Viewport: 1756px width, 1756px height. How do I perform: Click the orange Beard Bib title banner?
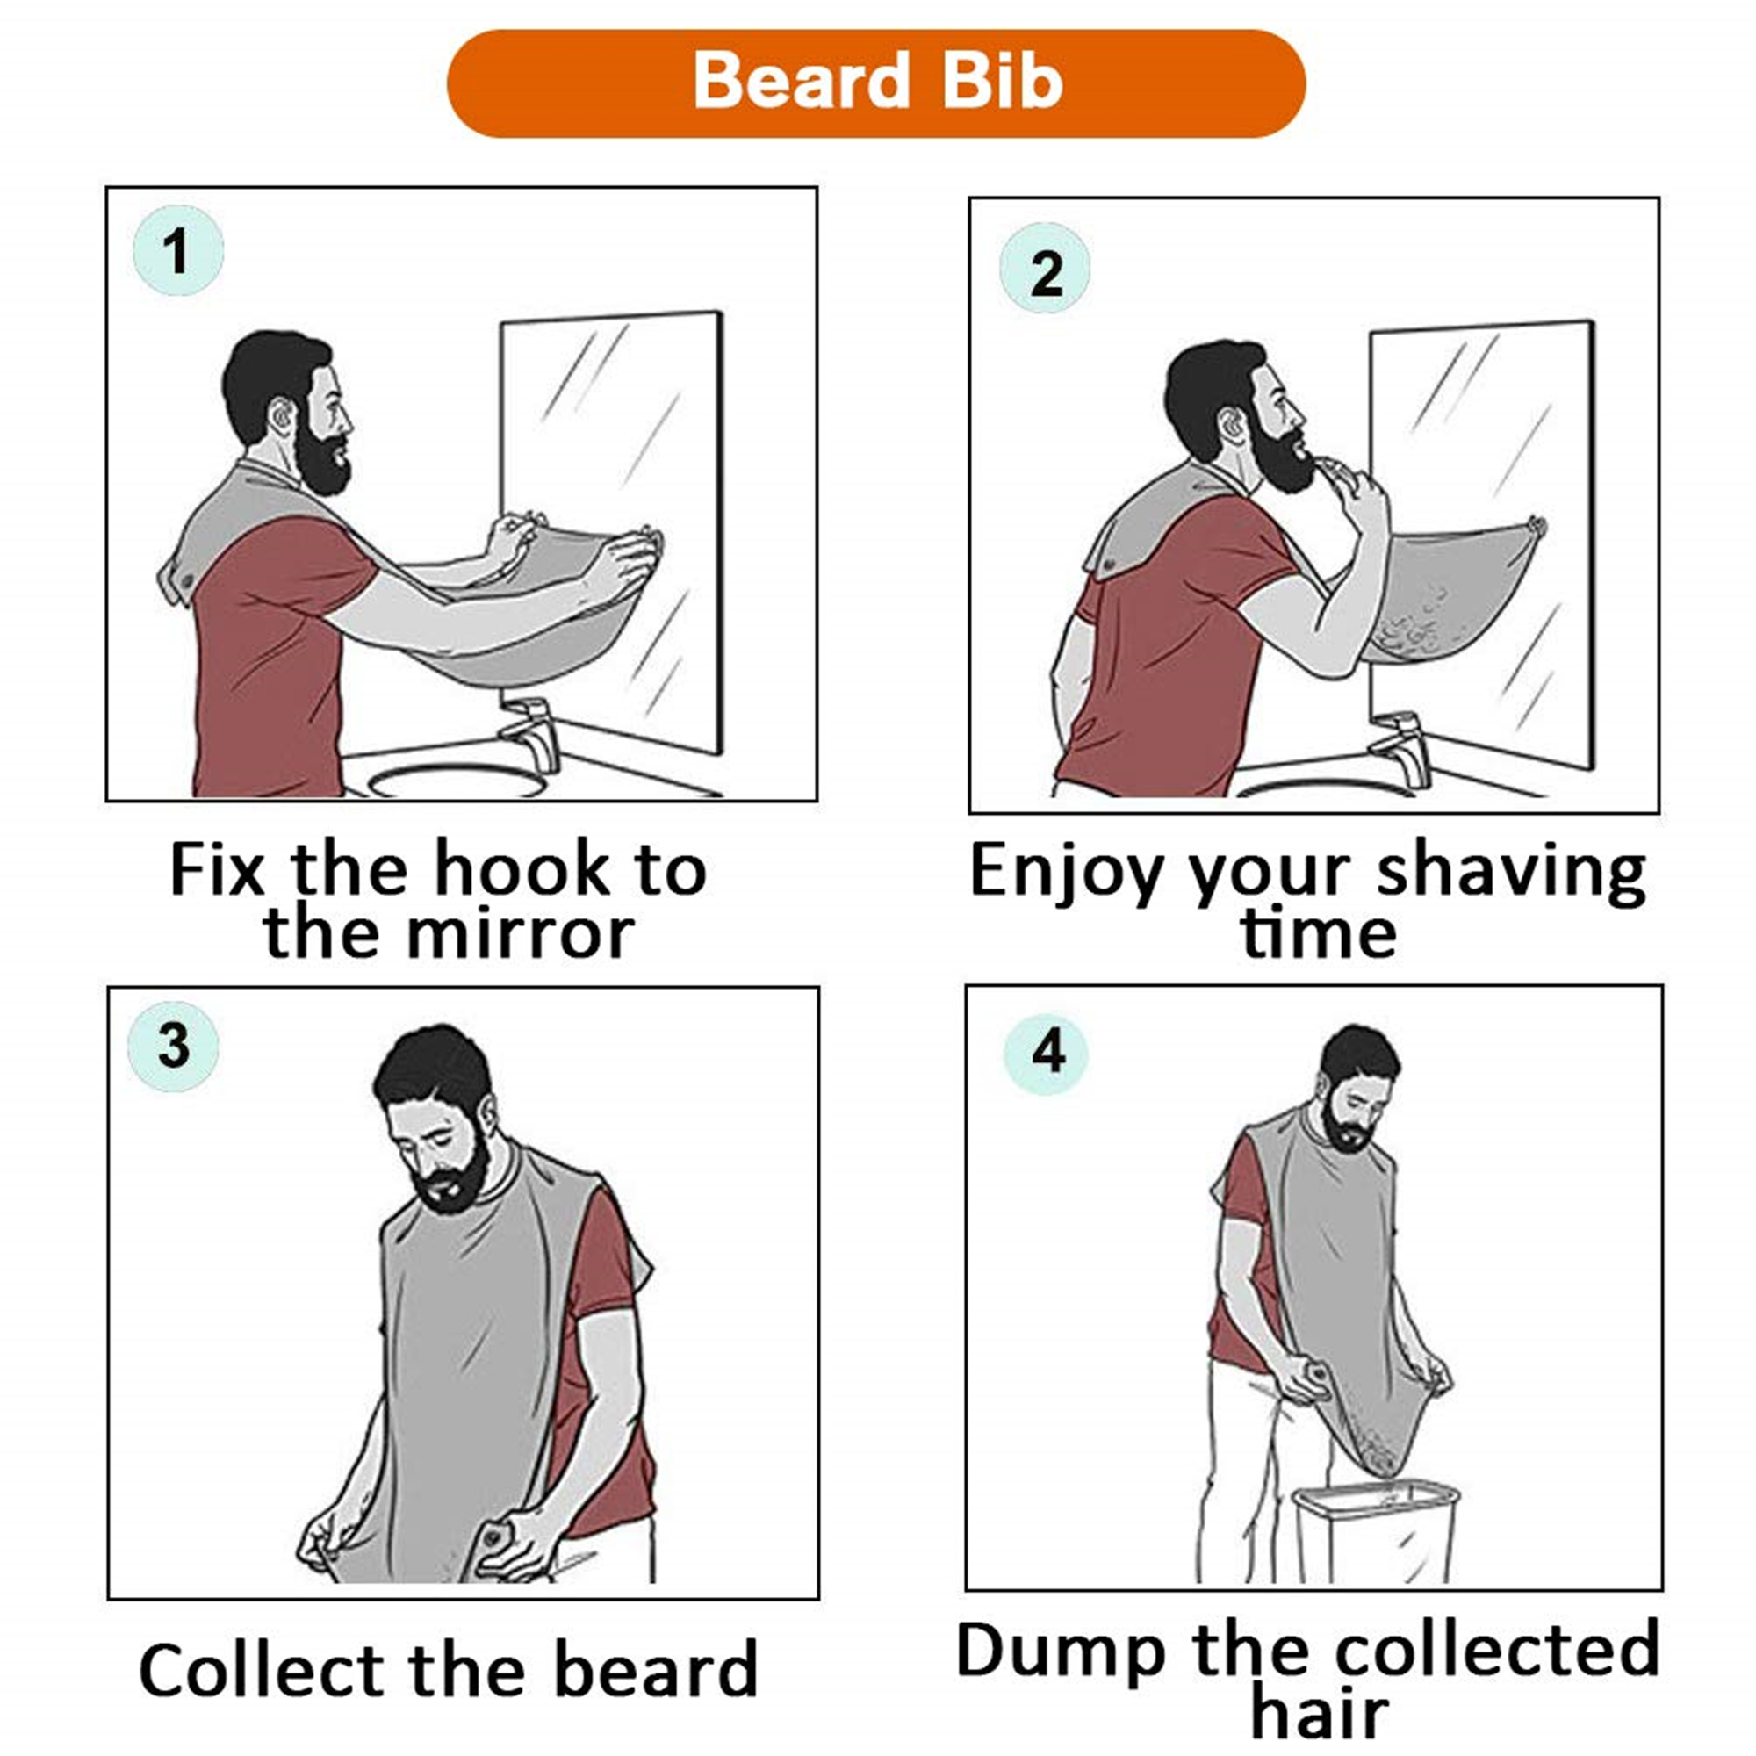876,83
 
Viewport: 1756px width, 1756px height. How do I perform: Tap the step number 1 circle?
178,251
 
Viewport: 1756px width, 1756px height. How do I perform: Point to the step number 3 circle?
173,1047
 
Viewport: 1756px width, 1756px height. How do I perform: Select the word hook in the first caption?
520,870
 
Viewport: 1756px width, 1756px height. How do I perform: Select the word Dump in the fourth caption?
1060,1651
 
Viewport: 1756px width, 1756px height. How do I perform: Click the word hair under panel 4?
1319,1713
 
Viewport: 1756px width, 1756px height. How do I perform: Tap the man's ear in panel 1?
284,416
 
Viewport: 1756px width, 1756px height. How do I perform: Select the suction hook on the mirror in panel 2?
1535,526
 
